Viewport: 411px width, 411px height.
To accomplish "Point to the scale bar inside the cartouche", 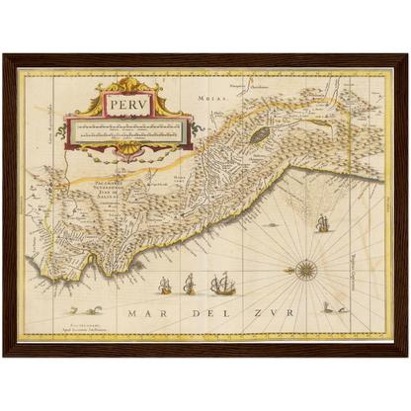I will (123, 128).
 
